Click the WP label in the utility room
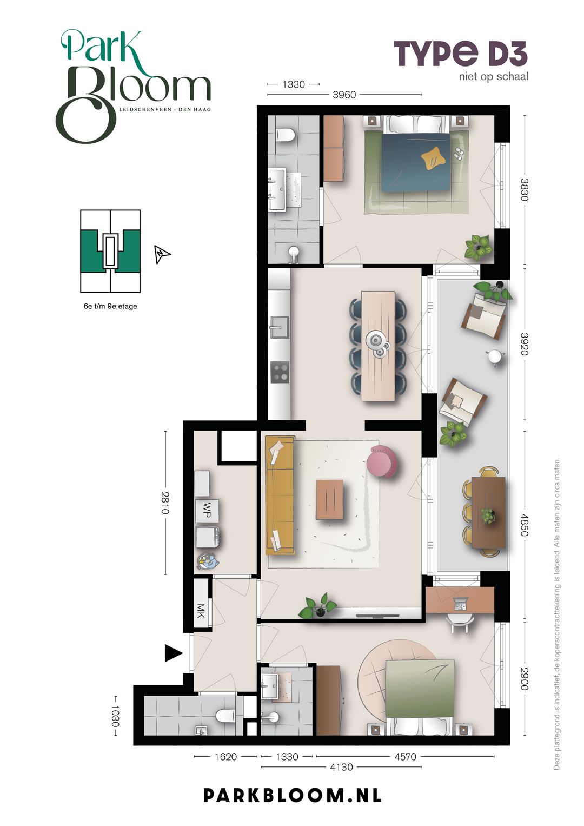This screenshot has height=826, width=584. click(x=207, y=510)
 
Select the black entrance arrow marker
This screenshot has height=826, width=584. click(x=174, y=653)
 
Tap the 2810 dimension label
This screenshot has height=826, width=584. click(x=165, y=503)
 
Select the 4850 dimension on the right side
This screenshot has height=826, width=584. click(x=525, y=524)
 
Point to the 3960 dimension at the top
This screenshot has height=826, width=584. click(x=344, y=95)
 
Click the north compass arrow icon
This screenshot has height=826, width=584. click(x=162, y=254)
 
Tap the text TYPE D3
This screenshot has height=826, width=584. click(x=461, y=54)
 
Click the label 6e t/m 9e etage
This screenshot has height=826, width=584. click(x=110, y=306)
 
